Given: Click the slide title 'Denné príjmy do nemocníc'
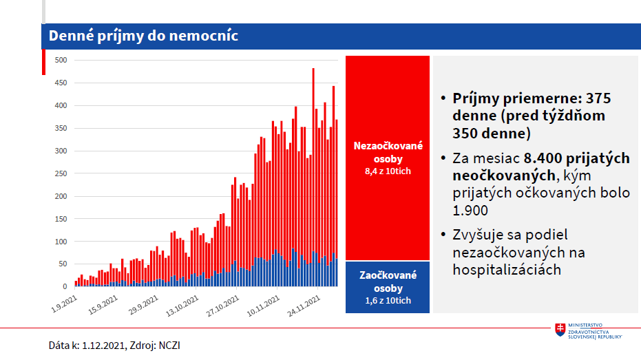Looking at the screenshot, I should [x=143, y=36].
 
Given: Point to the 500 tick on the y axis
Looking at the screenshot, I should [x=61, y=61].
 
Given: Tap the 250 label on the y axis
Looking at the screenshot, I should [x=61, y=173].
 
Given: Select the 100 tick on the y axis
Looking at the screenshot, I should [x=61, y=242].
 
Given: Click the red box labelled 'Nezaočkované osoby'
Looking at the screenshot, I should [x=388, y=158].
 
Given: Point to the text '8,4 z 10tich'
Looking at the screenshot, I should [x=388, y=171].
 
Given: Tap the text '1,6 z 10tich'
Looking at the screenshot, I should [x=388, y=301].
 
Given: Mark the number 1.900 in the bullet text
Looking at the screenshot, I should [x=471, y=211].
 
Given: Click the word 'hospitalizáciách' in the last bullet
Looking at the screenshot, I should [x=507, y=270].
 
